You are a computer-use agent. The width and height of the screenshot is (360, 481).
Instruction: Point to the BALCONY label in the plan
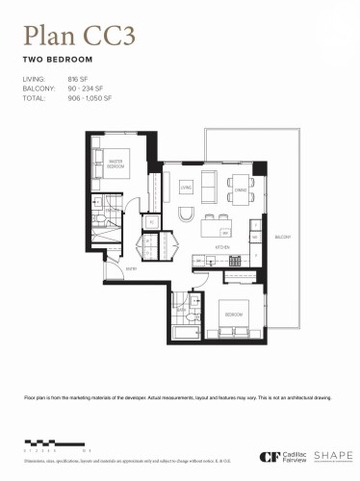pos(282,237)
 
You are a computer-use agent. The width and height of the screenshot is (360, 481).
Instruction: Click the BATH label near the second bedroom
pos(181,310)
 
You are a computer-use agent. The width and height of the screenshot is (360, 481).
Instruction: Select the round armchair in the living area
pos(188,213)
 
